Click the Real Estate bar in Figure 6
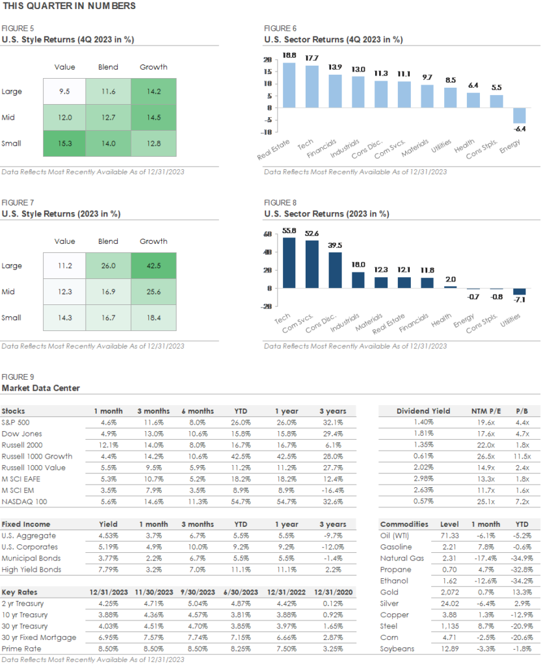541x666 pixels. pos(289,85)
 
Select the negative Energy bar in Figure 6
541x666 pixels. pos(518,115)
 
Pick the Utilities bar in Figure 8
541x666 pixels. pos(518,291)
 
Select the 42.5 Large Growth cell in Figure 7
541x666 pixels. pos(153,265)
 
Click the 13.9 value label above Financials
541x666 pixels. pos(334,68)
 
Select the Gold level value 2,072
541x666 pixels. pos(457,593)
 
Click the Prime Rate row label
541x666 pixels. pos(20,649)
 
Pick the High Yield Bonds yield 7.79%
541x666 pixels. pos(108,570)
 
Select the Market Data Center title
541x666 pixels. pos(41,388)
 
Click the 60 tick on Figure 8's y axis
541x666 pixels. pos(267,234)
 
